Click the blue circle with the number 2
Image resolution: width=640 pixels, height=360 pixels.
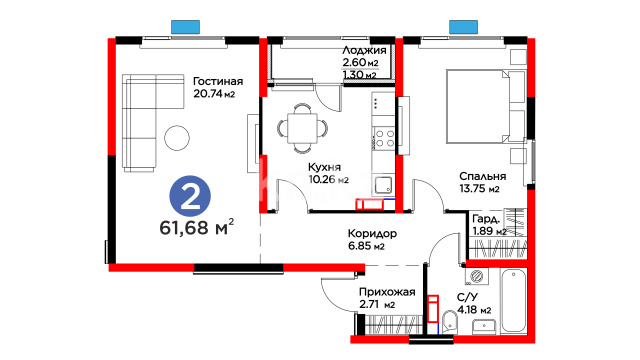pyautogui.click(x=190, y=196)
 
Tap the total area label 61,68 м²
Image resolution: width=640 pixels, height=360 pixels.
pyautogui.click(x=197, y=227)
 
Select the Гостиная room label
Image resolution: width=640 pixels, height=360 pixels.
pyautogui.click(x=218, y=81)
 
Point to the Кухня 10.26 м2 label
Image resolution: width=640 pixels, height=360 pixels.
pyautogui.click(x=329, y=173)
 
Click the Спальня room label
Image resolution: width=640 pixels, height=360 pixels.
pyautogui.click(x=482, y=176)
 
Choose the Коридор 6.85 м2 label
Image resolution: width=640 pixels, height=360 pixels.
pyautogui.click(x=372, y=240)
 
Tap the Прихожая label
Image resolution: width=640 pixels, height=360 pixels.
pyautogui.click(x=387, y=292)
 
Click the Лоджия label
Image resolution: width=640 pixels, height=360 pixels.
pyautogui.click(x=364, y=50)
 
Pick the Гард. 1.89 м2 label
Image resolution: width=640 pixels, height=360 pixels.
pyautogui.click(x=489, y=225)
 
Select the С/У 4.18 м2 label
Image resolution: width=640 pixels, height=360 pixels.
pyautogui.click(x=474, y=304)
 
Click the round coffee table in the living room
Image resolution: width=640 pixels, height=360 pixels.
pyautogui.click(x=177, y=138)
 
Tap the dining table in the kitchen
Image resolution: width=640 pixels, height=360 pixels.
pyautogui.click(x=302, y=128)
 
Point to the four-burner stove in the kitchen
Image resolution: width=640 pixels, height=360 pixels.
pyautogui.click(x=384, y=138)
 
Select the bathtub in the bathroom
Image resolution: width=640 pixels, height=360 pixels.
pyautogui.click(x=513, y=300)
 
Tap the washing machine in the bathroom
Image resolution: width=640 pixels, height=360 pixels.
pyautogui.click(x=476, y=276)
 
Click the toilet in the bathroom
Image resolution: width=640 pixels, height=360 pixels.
pyautogui.click(x=450, y=322)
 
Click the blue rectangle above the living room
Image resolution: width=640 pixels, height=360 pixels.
pyautogui.click(x=185, y=27)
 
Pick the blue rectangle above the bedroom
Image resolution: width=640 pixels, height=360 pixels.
pyautogui.click(x=463, y=27)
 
